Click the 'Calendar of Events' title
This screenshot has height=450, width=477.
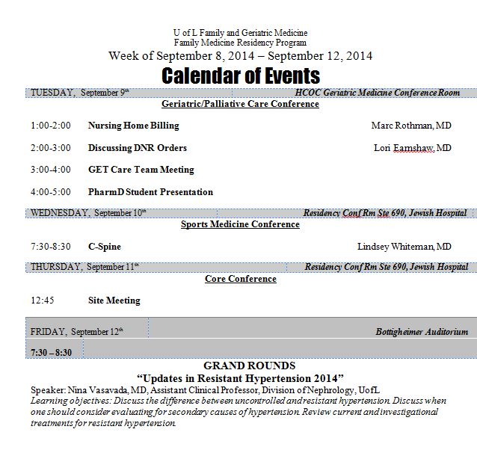coord(241,75)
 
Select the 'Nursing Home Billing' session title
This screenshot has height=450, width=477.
coord(134,126)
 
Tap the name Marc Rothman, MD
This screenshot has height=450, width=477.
coord(410,126)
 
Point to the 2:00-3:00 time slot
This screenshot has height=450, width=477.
coord(51,148)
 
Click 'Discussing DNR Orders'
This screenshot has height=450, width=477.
coord(138,148)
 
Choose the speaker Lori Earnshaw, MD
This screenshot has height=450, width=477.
coord(412,148)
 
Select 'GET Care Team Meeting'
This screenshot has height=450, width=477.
coord(141,170)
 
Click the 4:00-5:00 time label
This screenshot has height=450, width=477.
coord(51,192)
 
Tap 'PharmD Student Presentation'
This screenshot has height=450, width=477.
coord(150,192)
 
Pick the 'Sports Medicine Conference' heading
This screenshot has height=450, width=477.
coord(240,224)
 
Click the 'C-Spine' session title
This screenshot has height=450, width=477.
coord(104,247)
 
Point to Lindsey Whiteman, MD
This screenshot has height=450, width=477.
coord(404,247)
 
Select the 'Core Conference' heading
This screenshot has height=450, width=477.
coord(240,279)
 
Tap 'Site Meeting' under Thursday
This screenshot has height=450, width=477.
coord(114,300)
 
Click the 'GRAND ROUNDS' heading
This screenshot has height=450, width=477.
coord(240,366)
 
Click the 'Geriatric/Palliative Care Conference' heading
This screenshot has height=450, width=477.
coord(240,104)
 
